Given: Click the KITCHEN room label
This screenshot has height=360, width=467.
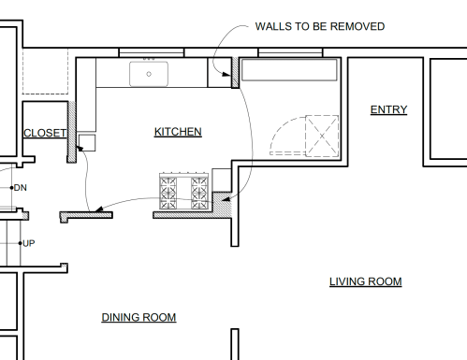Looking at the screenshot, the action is (178, 132).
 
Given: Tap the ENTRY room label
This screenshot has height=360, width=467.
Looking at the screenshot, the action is (388, 109).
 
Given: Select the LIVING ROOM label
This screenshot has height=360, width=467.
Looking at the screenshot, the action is (366, 281).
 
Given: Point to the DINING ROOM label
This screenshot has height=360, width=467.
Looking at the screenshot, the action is (139, 317).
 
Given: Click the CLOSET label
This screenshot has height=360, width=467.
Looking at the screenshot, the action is (45, 133).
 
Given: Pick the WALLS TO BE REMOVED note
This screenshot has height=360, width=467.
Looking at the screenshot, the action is (320, 26).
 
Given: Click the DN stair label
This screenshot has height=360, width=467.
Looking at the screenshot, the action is (21, 188).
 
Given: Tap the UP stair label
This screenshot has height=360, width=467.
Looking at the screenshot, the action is (29, 243).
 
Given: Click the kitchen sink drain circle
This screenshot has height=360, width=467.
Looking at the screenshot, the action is (149, 74).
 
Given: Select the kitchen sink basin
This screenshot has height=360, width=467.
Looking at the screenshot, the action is (149, 74).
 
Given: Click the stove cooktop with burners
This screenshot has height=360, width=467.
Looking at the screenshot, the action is (183, 191).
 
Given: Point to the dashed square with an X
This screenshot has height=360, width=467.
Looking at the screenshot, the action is (322, 136).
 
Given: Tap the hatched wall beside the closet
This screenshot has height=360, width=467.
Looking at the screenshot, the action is (72, 132).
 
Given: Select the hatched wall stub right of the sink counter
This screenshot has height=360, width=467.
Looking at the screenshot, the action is (235, 72).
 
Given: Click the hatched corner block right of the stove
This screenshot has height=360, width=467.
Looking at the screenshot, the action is (222, 203).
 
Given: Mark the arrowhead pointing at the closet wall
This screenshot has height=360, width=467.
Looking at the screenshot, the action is (80, 149).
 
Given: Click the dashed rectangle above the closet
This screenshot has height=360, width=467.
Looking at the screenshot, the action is (45, 71).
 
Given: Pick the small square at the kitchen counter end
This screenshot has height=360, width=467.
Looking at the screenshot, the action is (87, 143).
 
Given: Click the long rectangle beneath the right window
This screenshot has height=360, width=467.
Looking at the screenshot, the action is (289, 70).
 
